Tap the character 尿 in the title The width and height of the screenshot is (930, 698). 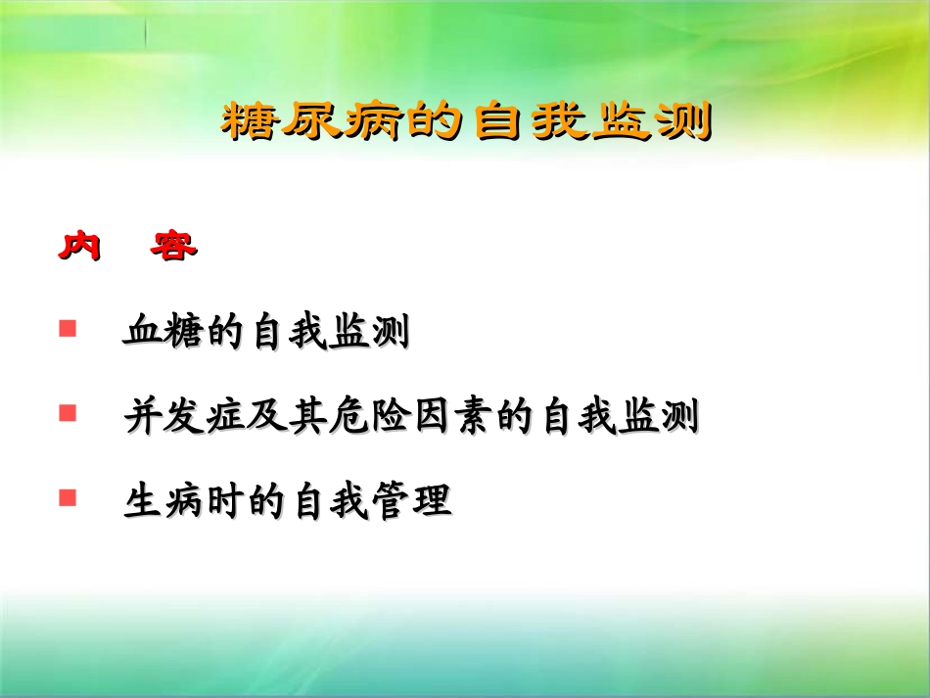point(312,122)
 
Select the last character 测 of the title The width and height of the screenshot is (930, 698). point(680,122)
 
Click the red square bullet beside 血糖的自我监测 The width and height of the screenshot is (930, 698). point(68,328)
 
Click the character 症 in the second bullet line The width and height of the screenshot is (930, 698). point(224,418)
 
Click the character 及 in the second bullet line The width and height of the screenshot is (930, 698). point(267,418)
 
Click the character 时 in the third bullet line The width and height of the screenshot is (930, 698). point(224,502)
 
